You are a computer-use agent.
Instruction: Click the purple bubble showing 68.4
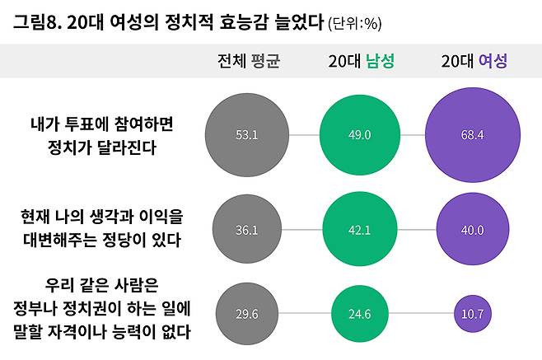click(471, 135)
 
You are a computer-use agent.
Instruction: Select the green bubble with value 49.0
click(360, 135)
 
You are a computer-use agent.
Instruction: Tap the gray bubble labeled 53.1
click(248, 135)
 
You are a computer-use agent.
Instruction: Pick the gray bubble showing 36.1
click(248, 230)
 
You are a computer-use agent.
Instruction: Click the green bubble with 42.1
click(360, 230)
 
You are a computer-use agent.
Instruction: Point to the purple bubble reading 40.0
click(471, 230)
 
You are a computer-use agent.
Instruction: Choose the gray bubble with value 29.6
click(248, 313)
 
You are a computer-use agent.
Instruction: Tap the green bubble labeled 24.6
click(360, 313)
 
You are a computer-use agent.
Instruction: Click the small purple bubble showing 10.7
click(471, 313)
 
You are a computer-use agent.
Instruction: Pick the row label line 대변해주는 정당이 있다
click(102, 240)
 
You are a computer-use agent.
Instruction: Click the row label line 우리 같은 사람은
click(102, 289)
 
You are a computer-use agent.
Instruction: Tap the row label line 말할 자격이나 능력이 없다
click(102, 332)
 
